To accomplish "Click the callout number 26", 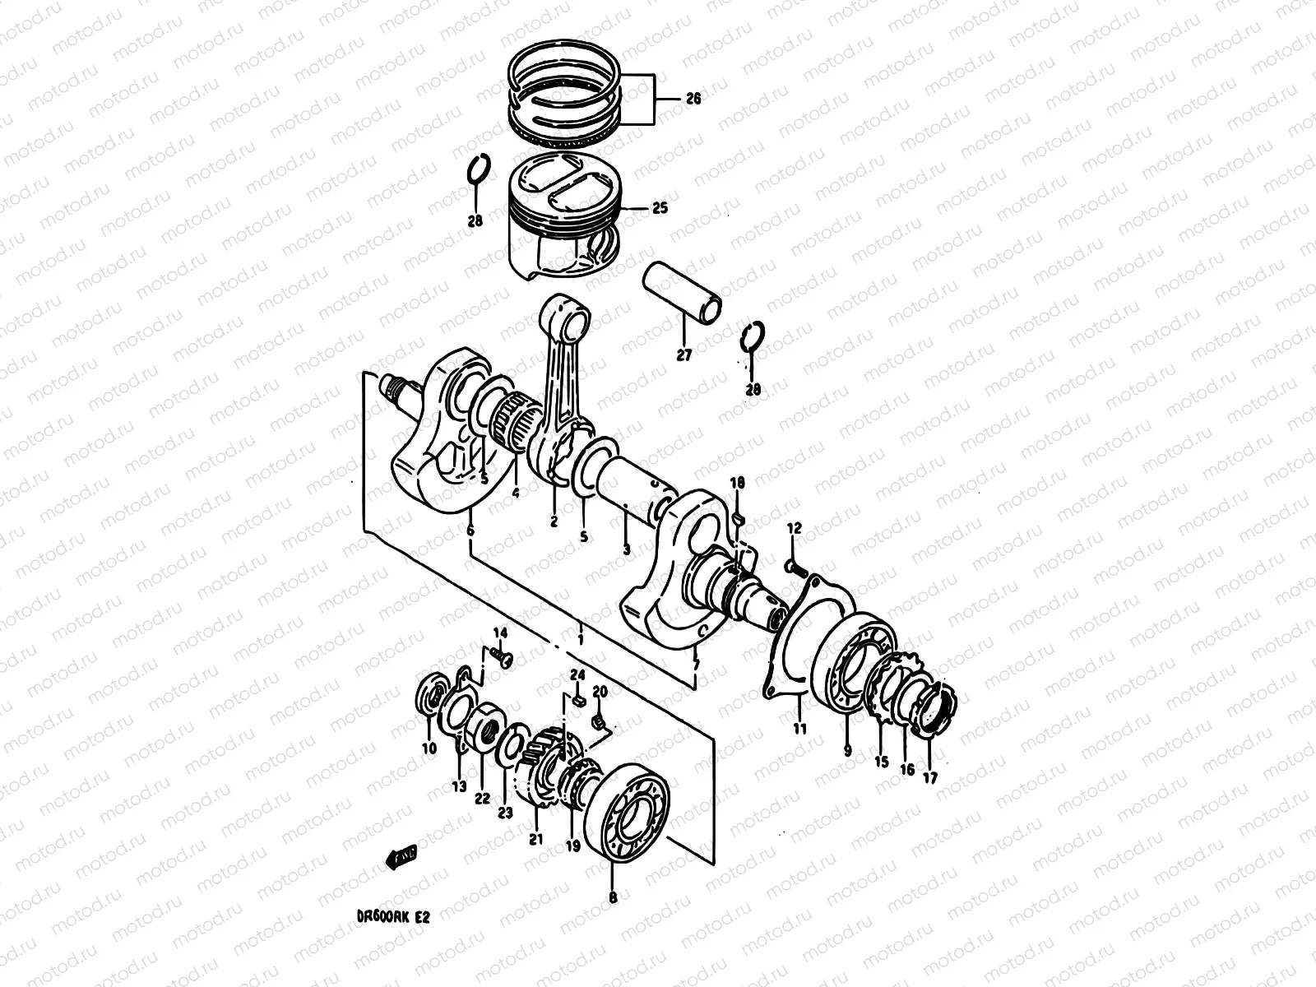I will pos(693,100).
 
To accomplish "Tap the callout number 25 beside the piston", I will pos(660,208).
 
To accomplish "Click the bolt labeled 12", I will pos(791,567).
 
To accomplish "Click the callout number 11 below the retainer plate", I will pos(800,728).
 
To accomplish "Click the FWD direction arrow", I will pos(401,857).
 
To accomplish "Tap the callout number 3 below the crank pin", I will pos(627,549).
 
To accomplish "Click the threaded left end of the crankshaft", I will pos(393,386).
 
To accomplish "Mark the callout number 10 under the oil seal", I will pos(429,748).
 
